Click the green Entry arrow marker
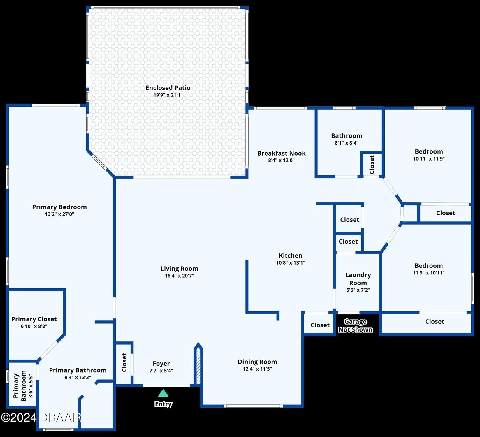point(163,394)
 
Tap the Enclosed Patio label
point(168,88)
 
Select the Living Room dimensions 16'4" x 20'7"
point(179,276)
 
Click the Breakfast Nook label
point(281,154)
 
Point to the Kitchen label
point(291,255)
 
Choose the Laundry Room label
point(358,279)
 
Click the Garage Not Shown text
point(355,325)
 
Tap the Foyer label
point(161,364)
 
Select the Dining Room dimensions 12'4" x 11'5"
point(257,369)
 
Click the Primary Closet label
point(34,319)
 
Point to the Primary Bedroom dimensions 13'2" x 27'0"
point(59,214)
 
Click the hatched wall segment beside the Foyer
point(198,366)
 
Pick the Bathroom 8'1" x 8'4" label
point(347,136)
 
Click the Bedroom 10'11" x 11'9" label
point(429,152)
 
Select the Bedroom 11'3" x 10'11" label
point(429,266)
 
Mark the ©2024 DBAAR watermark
point(41,417)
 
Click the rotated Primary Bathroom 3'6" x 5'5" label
point(23,386)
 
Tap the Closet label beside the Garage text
point(320,325)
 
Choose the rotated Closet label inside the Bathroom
point(372,165)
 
